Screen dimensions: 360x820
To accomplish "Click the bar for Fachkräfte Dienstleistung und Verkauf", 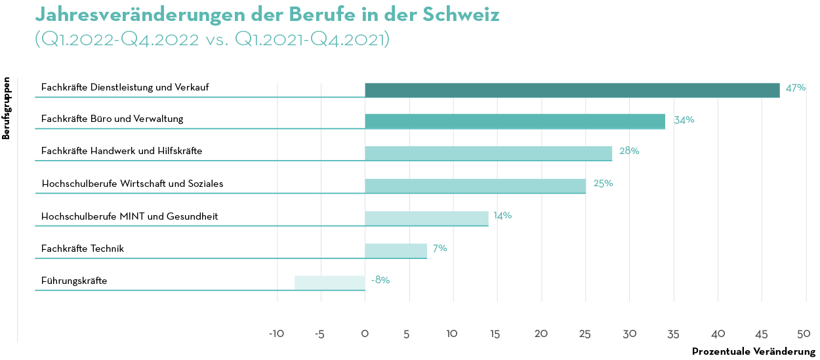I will (x=572, y=90).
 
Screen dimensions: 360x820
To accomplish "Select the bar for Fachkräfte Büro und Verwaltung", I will (x=515, y=121).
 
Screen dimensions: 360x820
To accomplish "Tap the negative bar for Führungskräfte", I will (x=330, y=283).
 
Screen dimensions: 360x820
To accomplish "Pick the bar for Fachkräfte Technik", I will (x=396, y=250).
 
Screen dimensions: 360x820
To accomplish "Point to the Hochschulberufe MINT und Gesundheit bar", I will (x=426, y=218).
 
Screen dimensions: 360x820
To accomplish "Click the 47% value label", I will (x=795, y=88).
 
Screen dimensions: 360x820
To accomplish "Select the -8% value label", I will (x=380, y=280).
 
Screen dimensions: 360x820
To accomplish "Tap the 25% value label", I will (x=603, y=184).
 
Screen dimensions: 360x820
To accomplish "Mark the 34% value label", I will (x=684, y=120).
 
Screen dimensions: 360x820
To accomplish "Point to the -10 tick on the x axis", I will (x=276, y=334).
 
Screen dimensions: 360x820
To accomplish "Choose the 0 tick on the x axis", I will (x=365, y=334).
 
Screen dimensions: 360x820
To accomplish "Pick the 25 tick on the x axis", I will (x=585, y=334).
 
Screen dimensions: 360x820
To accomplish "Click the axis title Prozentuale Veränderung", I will (x=753, y=352).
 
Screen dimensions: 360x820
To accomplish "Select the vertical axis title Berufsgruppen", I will (x=7, y=109).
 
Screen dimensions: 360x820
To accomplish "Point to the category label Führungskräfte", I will (x=74, y=281).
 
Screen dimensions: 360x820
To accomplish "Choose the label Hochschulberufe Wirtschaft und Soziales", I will (x=132, y=184).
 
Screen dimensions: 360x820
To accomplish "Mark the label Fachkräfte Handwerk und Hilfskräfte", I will (x=121, y=151).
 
